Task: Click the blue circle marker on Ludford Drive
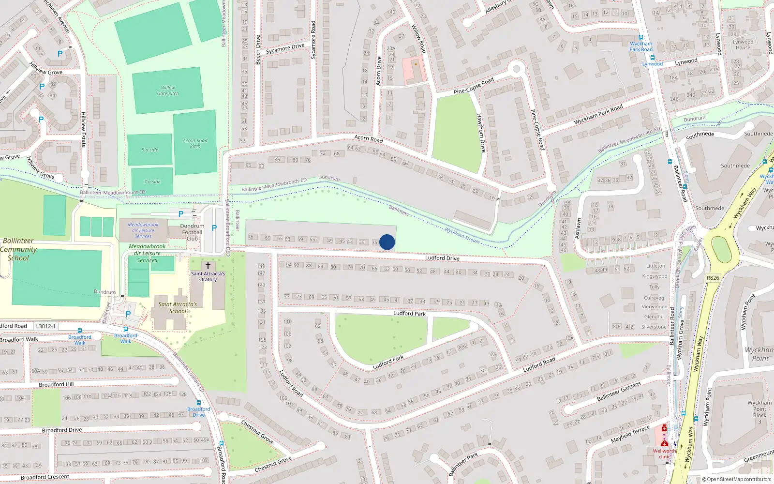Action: (387, 242)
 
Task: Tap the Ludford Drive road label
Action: (442, 258)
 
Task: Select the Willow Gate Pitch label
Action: (168, 91)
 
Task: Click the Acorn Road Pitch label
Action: (195, 143)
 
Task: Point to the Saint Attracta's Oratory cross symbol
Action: (208, 266)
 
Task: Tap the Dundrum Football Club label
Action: (192, 232)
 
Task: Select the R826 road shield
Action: (713, 278)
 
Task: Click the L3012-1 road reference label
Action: (46, 326)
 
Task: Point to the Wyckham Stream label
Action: (462, 235)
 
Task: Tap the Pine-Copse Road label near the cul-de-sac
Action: (474, 86)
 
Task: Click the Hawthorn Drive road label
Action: (481, 133)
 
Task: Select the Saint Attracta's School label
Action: (178, 308)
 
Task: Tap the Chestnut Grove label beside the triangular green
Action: (257, 432)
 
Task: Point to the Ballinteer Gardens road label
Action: (619, 392)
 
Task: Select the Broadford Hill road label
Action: (56, 384)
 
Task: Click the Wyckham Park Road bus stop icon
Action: (641, 37)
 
